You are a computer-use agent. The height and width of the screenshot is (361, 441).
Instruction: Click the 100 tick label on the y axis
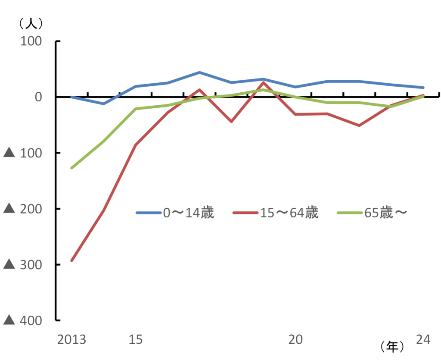tap(31, 41)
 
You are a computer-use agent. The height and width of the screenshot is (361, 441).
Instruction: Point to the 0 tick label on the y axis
tap(38, 97)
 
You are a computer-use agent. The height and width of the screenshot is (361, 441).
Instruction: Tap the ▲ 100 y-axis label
tap(22, 153)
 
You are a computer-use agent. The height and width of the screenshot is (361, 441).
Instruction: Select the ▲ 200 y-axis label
tap(22, 209)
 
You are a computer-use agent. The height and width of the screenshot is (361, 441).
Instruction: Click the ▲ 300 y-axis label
tap(22, 264)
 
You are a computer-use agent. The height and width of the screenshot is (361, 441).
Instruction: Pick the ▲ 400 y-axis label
tap(22, 320)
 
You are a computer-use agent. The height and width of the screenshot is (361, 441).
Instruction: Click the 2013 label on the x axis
tap(72, 340)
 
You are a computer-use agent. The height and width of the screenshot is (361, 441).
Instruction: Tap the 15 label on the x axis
tap(136, 340)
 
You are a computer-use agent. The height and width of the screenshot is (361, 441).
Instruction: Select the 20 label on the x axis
tap(295, 340)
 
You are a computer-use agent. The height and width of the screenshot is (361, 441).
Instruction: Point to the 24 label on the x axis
tap(423, 340)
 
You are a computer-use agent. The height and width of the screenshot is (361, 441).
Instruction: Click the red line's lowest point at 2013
tap(72, 261)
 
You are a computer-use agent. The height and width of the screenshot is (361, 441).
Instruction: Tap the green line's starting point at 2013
tap(72, 168)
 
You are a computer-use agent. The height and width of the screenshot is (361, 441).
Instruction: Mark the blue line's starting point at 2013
tap(72, 97)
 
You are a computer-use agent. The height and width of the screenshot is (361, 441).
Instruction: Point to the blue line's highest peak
tap(199, 72)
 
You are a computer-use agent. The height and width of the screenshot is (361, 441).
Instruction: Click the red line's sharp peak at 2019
tap(263, 82)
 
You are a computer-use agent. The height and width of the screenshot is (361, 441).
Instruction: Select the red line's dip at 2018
tap(231, 122)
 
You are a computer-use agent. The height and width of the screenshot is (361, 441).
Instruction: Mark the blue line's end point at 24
tap(423, 88)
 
